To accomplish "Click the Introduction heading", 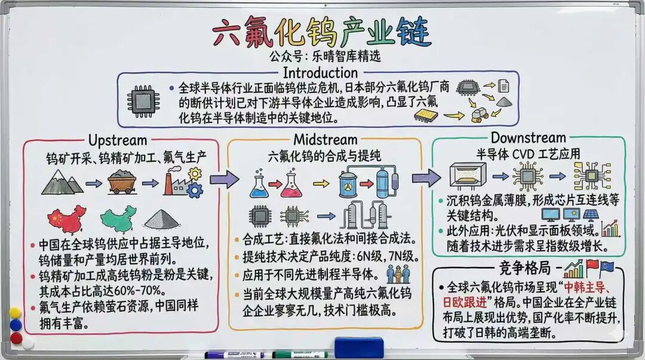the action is tap(320, 73).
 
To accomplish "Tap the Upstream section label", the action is tap(118, 140).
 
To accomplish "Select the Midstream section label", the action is tap(325, 140).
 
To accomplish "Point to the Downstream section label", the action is tap(528, 137).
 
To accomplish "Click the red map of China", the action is tap(67, 219).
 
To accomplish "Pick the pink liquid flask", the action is tap(291, 184).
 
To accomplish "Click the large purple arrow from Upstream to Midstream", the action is tap(224, 179).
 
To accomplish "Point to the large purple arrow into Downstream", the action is tap(426, 178).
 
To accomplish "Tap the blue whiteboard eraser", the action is tap(359, 347).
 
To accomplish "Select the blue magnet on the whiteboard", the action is tap(16, 325).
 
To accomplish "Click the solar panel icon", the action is tap(591, 215).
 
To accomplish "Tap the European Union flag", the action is tap(607, 268).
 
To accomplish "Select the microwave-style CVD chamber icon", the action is tap(468, 176).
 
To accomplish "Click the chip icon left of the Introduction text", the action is tap(143, 101).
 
